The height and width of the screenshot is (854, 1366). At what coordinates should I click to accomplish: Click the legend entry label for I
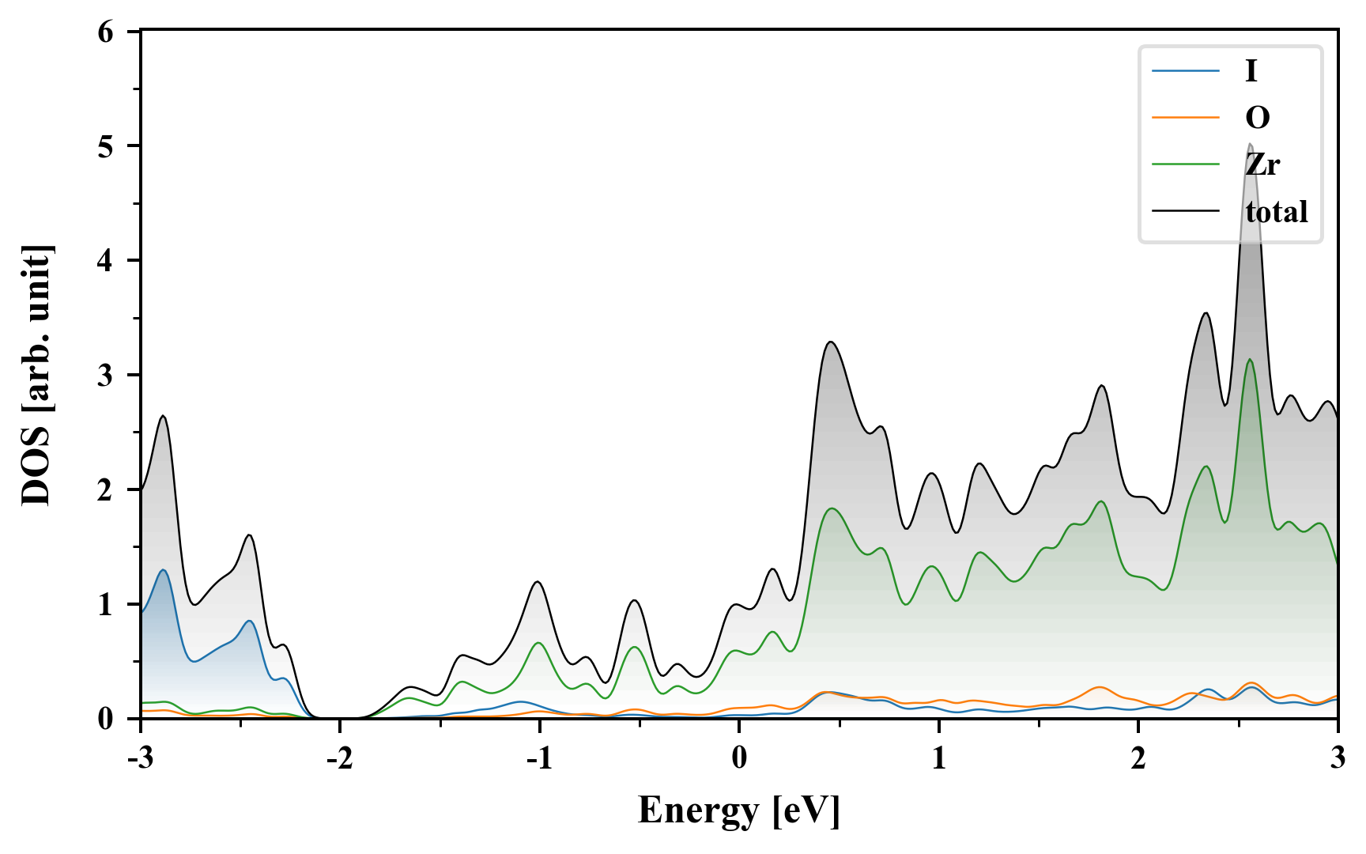point(1251,71)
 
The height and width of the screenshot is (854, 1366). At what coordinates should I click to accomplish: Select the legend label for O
point(1257,118)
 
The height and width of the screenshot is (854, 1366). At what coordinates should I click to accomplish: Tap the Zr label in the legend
point(1262,164)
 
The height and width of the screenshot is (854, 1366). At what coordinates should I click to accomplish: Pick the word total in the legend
point(1276,212)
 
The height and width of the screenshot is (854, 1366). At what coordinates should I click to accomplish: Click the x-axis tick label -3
point(140,758)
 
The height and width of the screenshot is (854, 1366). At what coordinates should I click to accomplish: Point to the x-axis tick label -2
point(339,758)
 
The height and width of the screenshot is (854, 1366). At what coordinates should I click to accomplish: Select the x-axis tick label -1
point(538,758)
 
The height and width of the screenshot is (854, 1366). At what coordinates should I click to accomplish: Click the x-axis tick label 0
point(739,758)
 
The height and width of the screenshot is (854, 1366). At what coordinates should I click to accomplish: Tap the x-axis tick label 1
point(938,758)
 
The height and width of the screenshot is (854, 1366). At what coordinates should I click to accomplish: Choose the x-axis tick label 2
point(1138,758)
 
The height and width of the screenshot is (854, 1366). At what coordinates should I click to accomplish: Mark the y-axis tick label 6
point(106,32)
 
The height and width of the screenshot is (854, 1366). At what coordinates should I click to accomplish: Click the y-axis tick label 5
point(106,147)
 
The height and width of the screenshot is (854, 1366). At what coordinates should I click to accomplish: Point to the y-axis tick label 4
point(106,261)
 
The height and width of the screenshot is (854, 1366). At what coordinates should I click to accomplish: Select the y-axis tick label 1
point(106,605)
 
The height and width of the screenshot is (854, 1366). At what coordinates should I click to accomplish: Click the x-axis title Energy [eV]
point(738,811)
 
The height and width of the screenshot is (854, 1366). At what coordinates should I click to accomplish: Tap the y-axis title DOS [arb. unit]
point(36,375)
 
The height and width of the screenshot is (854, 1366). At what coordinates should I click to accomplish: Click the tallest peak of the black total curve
point(1250,145)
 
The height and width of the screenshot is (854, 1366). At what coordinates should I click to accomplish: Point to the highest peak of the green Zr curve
point(1250,360)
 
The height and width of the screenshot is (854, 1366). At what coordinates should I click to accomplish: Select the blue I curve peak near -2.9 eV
point(163,570)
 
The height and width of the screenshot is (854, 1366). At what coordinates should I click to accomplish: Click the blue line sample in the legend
point(1185,71)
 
